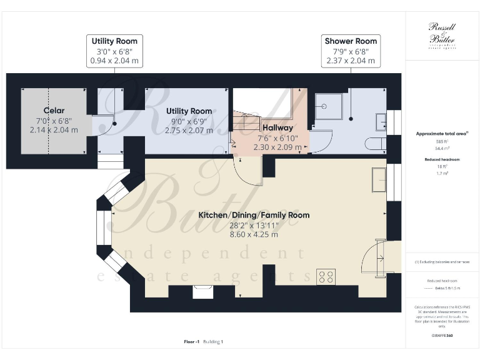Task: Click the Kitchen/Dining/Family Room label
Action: coord(254,215)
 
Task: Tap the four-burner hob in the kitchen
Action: coord(326,276)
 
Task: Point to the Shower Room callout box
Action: coord(351,51)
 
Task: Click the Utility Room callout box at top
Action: coord(112,51)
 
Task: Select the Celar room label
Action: coord(53,111)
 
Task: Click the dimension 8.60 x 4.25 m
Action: coord(254,234)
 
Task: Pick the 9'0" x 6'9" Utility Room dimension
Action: coord(188,121)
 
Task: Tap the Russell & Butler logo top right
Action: coord(442,34)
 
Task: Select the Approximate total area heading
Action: coord(441,134)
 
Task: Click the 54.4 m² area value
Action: coord(442,149)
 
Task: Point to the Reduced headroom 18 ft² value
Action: coord(442,167)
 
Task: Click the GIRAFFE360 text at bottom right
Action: coord(442,336)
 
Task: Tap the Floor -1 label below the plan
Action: coord(191,342)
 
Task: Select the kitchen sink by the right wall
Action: coord(379,181)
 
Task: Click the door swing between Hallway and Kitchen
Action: coord(248,170)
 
